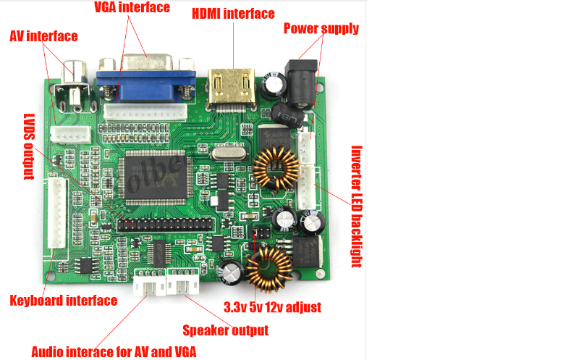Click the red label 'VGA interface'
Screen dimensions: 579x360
point(132,7)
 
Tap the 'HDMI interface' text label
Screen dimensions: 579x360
point(233,14)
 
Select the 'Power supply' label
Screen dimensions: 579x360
point(321,28)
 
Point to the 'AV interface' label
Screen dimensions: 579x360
point(43,36)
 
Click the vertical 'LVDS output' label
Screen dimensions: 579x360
point(29,147)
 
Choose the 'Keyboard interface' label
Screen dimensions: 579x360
point(64,301)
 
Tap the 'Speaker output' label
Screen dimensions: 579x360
point(226,330)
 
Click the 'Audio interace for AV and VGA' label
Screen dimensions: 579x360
point(114,351)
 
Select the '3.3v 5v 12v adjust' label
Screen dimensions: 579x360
point(273,307)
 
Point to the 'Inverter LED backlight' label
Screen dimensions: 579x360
point(356,206)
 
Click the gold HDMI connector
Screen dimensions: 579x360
point(232,88)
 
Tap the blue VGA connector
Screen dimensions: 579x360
point(147,80)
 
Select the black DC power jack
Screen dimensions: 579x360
point(302,82)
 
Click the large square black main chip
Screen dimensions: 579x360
point(156,177)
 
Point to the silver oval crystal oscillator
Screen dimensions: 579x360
point(228,152)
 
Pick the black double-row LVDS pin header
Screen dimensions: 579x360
point(166,225)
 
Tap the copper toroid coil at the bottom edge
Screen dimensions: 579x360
point(269,269)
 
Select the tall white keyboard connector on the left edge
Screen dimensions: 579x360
point(58,212)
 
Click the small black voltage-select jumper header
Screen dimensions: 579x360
point(261,233)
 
